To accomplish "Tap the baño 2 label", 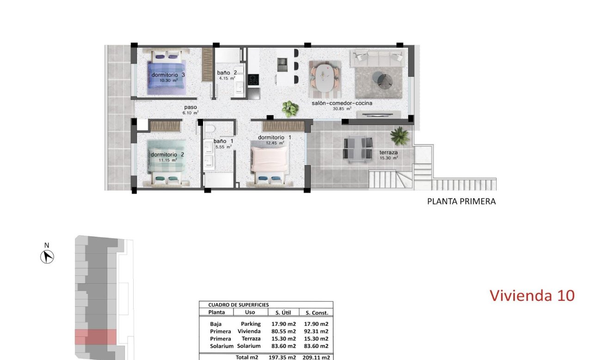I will [227, 73].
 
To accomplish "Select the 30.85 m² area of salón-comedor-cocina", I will [342, 109].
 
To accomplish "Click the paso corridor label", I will [190, 107].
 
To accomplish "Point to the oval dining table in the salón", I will [325, 77].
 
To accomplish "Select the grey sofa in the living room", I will [378, 59].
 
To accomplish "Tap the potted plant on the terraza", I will [399, 136].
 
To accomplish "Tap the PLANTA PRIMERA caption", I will [461, 201].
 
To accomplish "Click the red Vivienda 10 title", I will [532, 295].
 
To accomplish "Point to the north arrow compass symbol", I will [47, 256].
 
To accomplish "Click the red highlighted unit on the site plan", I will [96, 336].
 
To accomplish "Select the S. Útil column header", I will [282, 312].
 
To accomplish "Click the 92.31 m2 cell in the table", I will [316, 331].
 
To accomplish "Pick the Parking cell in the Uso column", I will [251, 324].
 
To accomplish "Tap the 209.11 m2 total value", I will [316, 357].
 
